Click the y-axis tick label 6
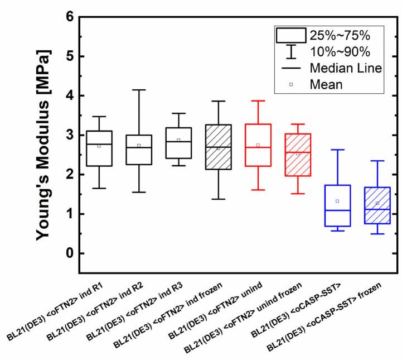click(x=69, y=17)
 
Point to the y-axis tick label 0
click(x=69, y=253)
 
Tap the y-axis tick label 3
click(x=69, y=136)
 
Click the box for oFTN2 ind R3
click(x=178, y=143)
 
